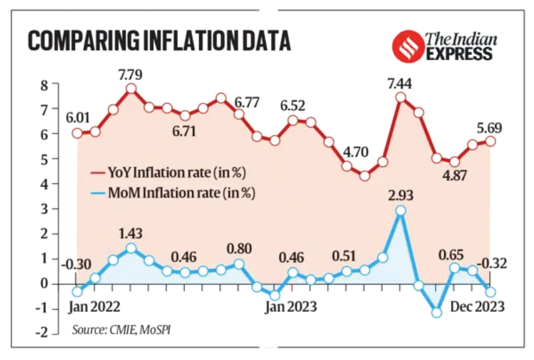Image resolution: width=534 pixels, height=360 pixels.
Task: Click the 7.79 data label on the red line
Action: pyautogui.click(x=130, y=74)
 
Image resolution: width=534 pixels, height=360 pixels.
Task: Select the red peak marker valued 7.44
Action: pyautogui.click(x=400, y=98)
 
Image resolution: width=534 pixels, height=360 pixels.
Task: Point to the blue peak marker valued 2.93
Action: pyautogui.click(x=401, y=211)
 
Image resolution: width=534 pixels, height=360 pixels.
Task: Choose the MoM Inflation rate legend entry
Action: pyautogui.click(x=173, y=193)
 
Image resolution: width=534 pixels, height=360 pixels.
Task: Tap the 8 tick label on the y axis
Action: pyautogui.click(x=44, y=86)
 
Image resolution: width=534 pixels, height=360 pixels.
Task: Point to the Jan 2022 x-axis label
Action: pyautogui.click(x=94, y=307)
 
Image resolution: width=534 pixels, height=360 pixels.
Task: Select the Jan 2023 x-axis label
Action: pyautogui.click(x=291, y=307)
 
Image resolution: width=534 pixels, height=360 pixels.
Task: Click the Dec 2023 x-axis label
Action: pyautogui.click(x=477, y=307)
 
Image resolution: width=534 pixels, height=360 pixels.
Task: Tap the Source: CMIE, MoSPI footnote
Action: pyautogui.click(x=121, y=330)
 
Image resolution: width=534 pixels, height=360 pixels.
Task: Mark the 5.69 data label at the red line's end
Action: pyautogui.click(x=489, y=128)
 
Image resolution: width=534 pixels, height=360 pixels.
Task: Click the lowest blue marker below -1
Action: pyautogui.click(x=437, y=313)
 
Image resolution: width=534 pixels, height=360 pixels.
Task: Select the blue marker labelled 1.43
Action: pyautogui.click(x=131, y=248)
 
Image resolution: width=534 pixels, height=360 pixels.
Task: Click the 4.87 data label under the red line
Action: pyautogui.click(x=455, y=175)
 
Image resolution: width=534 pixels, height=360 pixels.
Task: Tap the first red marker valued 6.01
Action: pyautogui.click(x=77, y=133)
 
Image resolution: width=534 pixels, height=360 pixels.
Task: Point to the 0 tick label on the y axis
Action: pyautogui.click(x=44, y=284)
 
